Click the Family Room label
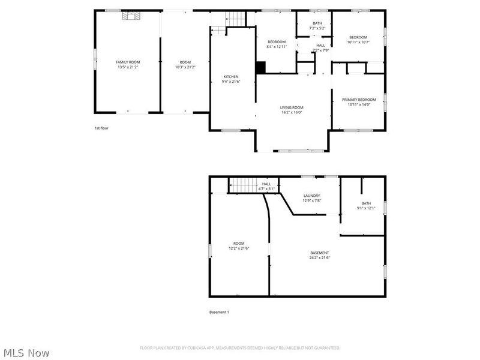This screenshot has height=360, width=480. pyautogui.click(x=128, y=62)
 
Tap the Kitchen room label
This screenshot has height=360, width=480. pyautogui.click(x=231, y=77)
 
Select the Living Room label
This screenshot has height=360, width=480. pyautogui.click(x=292, y=107)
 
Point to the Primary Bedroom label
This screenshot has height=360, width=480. pyautogui.click(x=359, y=100)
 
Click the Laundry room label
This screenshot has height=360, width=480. pyautogui.click(x=311, y=196)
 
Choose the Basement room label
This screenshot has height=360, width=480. pyautogui.click(x=319, y=253)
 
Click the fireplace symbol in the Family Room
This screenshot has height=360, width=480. pyautogui.click(x=130, y=16)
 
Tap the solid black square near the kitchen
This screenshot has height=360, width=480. pyautogui.click(x=260, y=68)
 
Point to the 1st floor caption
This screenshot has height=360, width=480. pyautogui.click(x=101, y=128)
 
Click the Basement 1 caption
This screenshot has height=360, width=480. pyautogui.click(x=219, y=312)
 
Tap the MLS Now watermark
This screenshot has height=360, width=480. pyautogui.click(x=26, y=353)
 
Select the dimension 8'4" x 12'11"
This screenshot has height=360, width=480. pyautogui.click(x=277, y=46)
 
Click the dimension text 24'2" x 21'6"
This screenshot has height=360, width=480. pyautogui.click(x=319, y=257)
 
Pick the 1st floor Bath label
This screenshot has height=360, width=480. pyautogui.click(x=317, y=23)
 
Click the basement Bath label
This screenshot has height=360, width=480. pyautogui.click(x=366, y=204)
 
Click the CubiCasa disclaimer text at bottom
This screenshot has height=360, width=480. pyautogui.click(x=240, y=348)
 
